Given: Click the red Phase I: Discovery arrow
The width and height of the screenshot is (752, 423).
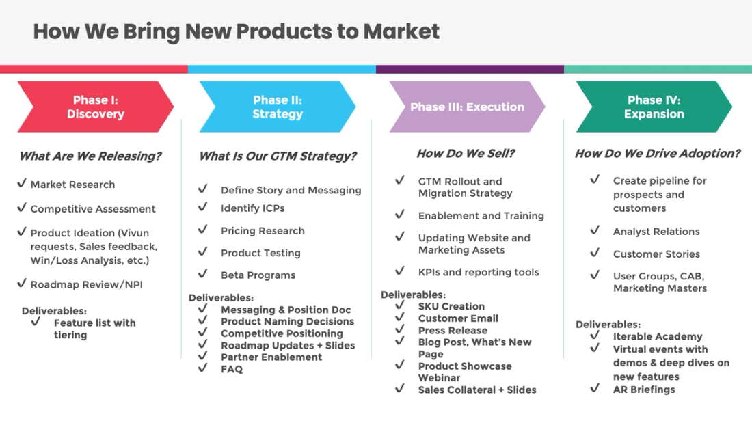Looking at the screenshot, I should point(95,107).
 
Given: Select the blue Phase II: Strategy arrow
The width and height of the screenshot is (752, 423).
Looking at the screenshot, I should point(277,107).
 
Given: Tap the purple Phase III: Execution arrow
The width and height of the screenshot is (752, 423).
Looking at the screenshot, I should point(467,107).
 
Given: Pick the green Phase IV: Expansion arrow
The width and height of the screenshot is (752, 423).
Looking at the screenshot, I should point(654,107).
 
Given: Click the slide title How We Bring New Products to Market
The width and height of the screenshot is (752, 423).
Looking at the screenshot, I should point(236,31).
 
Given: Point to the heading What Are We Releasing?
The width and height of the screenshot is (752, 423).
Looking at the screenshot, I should point(90,156).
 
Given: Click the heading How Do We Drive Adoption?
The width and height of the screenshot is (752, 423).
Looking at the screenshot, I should point(657,154).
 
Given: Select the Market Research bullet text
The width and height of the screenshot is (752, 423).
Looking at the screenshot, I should point(72,185).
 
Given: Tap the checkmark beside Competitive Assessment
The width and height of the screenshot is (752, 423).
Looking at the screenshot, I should point(22,208).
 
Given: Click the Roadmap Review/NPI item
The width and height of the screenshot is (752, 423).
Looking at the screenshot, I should point(86,284).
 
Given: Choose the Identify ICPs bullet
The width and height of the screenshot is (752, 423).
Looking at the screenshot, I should point(252,208).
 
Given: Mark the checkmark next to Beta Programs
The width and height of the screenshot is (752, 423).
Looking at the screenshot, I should point(202,274).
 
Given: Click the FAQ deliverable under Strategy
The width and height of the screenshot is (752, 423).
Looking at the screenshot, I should point(232,369).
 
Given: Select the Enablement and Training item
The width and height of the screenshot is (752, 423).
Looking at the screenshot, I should point(481,215).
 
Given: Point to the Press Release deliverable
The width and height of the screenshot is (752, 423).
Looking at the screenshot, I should point(453,330).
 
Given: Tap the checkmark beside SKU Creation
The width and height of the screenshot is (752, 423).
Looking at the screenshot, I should point(399,305).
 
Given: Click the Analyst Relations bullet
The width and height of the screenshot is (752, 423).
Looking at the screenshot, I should point(656,232).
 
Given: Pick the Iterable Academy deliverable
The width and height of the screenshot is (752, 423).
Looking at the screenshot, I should point(657,336).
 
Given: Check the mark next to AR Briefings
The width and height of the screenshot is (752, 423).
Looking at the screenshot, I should point(595,388).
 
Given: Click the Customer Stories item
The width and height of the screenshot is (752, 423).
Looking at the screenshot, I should point(656,254).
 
